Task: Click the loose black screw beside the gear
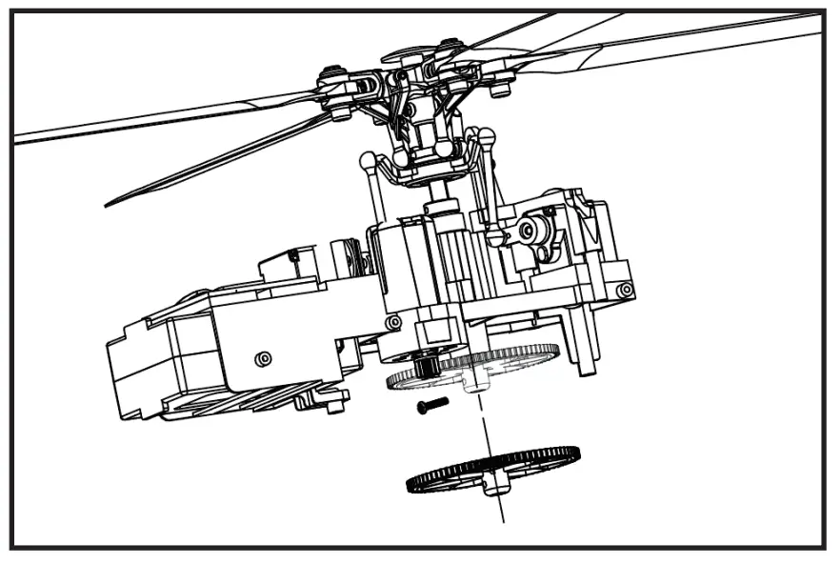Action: [x=431, y=406]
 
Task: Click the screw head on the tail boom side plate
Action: [x=264, y=358]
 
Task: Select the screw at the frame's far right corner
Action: [x=624, y=290]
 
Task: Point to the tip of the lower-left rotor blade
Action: [x=110, y=202]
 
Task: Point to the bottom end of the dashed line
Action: [x=502, y=519]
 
